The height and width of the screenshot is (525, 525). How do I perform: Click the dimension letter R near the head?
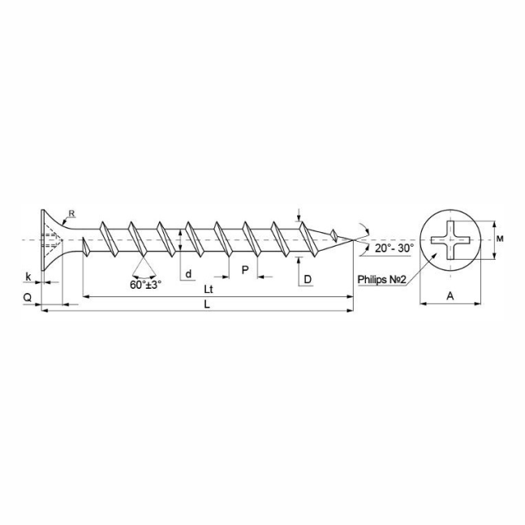(71, 213)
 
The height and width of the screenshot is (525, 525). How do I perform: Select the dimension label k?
(28, 277)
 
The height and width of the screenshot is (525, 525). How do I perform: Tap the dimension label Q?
(28, 297)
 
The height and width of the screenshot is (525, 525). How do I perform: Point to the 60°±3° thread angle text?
(145, 285)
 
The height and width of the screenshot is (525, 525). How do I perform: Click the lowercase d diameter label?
(189, 273)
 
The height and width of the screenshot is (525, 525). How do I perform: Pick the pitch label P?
(245, 269)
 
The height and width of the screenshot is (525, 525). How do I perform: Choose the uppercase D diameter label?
(308, 279)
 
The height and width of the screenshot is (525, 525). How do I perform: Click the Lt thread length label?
(209, 290)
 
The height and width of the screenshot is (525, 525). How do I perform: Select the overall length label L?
(207, 304)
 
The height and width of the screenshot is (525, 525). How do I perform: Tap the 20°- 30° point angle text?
(394, 248)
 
